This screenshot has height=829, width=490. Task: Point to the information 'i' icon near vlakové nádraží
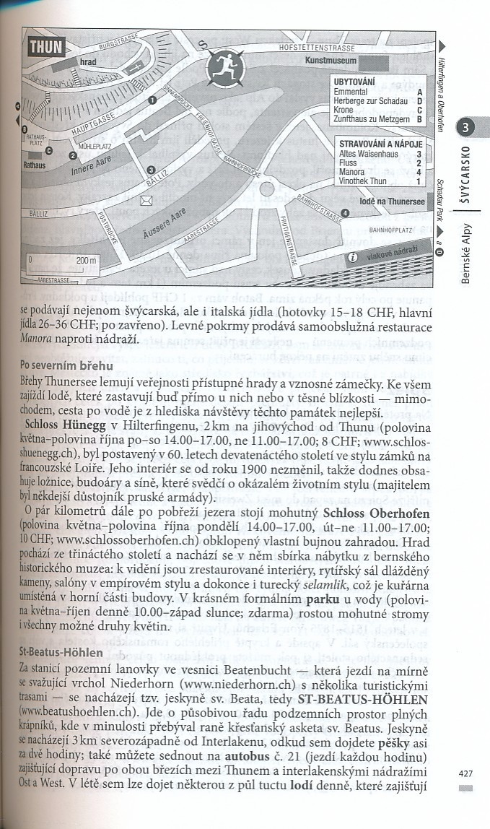(x=353, y=257)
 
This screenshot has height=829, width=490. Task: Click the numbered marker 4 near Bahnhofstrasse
(x=345, y=212)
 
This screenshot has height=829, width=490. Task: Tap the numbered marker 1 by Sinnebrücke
(x=152, y=100)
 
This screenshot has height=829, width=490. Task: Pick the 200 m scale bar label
(x=87, y=260)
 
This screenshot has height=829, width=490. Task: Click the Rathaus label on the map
(x=35, y=165)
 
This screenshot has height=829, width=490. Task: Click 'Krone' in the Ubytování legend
(x=346, y=110)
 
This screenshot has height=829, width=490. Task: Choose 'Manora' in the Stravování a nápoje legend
(x=351, y=173)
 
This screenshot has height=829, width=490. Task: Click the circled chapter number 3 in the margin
(x=466, y=128)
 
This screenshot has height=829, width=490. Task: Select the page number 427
(x=465, y=773)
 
